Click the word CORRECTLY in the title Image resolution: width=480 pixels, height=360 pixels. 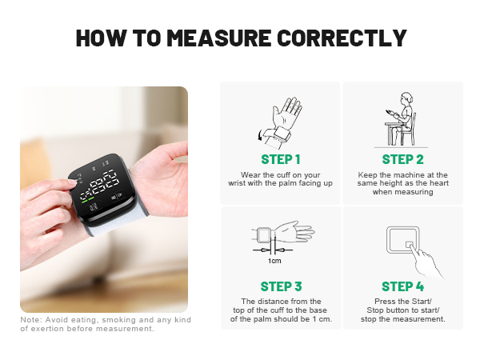342,38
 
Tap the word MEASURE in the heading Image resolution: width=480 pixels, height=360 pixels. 219,38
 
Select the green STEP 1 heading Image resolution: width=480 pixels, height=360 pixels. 281,159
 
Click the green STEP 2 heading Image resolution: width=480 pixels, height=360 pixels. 402,159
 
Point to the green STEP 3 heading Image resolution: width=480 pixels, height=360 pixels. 281,286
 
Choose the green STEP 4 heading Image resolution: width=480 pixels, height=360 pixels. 402,286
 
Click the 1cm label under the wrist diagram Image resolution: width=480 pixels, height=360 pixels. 274,261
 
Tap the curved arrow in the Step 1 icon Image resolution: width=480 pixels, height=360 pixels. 260,134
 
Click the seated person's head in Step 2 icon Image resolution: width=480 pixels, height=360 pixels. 406,98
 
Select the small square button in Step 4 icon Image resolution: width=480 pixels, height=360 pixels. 410,245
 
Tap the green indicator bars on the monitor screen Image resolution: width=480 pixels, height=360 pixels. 87,198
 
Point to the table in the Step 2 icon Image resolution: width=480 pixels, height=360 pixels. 394,132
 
